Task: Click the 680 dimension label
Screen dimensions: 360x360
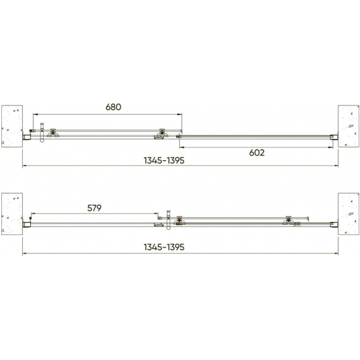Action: [113, 107]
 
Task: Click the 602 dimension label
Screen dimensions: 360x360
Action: [257, 153]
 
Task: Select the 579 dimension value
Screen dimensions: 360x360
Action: [94, 208]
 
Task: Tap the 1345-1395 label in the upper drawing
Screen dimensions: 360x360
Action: [164, 160]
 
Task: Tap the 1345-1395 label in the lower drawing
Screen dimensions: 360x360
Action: [164, 247]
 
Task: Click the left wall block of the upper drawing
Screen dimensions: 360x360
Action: [12, 126]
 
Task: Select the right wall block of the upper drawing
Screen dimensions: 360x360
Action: [348, 126]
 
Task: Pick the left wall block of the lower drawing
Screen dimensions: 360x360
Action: [12, 214]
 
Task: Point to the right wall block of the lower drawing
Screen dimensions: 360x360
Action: [348, 214]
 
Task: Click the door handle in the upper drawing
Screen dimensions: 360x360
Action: [42, 133]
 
